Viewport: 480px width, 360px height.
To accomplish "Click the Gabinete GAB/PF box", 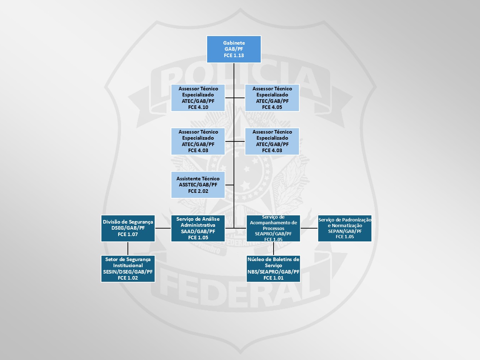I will (x=234, y=49).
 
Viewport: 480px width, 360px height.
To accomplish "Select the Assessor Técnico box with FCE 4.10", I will (x=198, y=98).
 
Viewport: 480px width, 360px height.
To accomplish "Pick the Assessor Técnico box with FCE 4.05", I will (x=272, y=98).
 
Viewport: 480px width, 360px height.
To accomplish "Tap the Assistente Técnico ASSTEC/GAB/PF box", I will (x=198, y=185).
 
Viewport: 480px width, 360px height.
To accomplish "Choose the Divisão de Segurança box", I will (x=128, y=228).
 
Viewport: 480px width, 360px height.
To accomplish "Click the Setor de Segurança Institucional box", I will (x=128, y=269).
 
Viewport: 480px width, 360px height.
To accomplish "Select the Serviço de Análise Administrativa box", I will (x=198, y=228).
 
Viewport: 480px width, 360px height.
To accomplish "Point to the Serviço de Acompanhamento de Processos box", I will (x=273, y=228).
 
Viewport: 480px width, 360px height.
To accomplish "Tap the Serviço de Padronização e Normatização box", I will (x=345, y=228).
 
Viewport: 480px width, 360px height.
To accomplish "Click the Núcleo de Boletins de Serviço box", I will (x=273, y=269).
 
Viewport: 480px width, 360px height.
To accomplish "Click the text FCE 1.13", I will (x=234, y=55).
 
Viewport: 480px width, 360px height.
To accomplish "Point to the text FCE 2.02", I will (x=198, y=191).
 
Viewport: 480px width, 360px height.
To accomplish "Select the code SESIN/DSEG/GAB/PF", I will (x=128, y=272).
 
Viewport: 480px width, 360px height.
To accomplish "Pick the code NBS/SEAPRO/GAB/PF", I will (x=273, y=272).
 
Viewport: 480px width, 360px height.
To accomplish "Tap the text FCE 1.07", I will (x=128, y=234).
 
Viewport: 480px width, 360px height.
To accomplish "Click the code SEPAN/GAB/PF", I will (x=345, y=231).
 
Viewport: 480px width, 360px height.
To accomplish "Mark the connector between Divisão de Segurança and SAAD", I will (x=163, y=228).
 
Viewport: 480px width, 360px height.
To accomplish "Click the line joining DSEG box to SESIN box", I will (x=128, y=248).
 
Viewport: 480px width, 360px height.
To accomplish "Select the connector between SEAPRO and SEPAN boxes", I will (x=309, y=228).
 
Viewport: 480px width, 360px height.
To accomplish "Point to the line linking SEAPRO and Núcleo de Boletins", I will (x=274, y=248).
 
